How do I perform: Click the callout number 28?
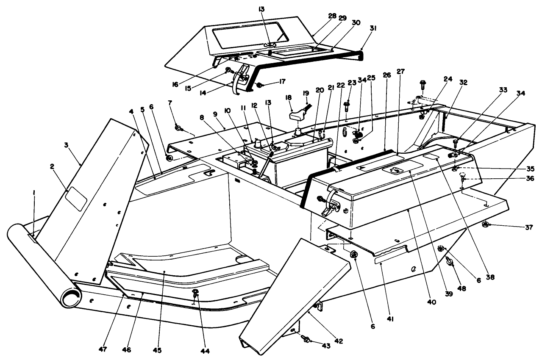[x=332, y=16]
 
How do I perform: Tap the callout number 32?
[x=463, y=83]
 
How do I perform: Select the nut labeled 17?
[x=259, y=85]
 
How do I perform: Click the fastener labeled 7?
[x=178, y=127]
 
